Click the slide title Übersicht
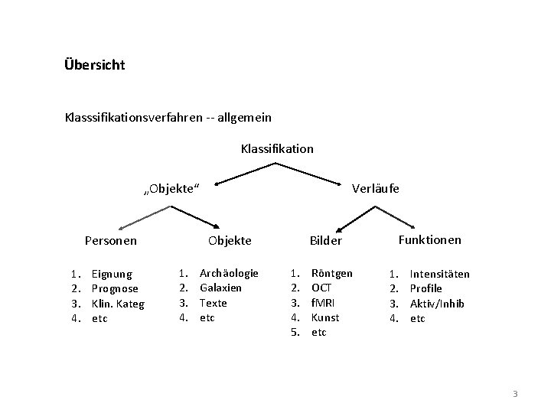95,65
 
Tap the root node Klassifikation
277,148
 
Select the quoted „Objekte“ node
171,189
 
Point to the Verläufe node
375,188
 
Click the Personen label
111,240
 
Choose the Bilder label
324,241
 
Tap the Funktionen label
430,239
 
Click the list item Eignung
112,274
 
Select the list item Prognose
115,288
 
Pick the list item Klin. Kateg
118,304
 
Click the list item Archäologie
229,273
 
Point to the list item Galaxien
220,288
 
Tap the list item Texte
214,303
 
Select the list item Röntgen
332,273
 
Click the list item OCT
321,288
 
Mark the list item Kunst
325,317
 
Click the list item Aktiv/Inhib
437,304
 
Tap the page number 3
515,394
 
